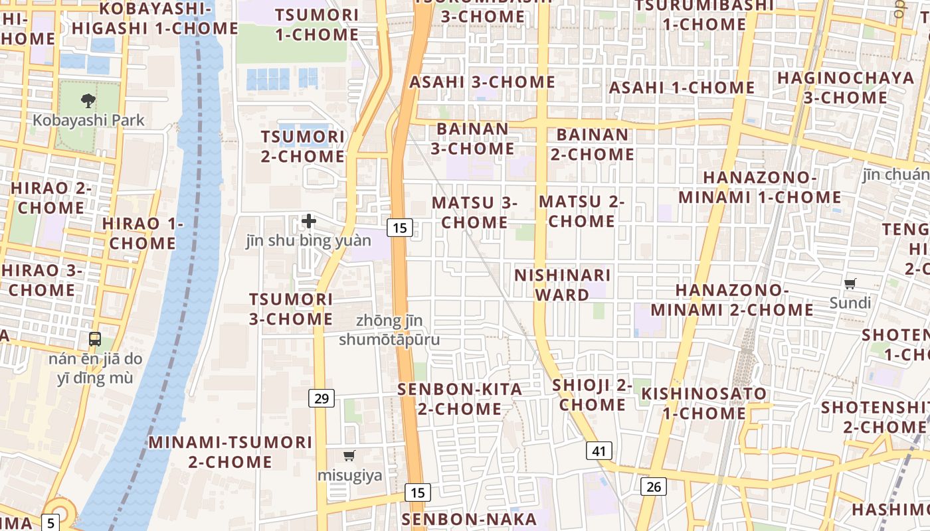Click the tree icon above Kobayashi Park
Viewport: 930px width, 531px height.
[x=88, y=101]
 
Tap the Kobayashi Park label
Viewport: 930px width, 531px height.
[x=88, y=121]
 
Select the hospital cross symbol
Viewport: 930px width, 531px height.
[x=309, y=220]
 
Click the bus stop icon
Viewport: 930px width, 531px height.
[x=95, y=339]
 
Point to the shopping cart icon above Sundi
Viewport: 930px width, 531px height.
[x=850, y=284]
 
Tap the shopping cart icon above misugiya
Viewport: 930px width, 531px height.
[x=349, y=455]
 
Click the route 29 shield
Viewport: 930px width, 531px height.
[x=322, y=398]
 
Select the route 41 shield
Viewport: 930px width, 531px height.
[x=599, y=451]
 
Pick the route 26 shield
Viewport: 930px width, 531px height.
[x=654, y=487]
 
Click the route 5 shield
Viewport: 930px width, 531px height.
[x=51, y=522]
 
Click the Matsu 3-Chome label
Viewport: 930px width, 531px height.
[x=474, y=212]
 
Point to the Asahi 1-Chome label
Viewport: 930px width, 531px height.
[x=682, y=88]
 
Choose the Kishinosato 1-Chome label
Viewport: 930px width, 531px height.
[x=703, y=403]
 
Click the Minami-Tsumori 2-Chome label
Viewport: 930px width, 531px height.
[x=230, y=451]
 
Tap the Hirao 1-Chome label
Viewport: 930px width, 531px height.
[x=142, y=233]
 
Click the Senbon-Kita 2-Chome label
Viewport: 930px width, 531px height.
[x=460, y=399]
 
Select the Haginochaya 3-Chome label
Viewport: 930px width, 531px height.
[x=845, y=88]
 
